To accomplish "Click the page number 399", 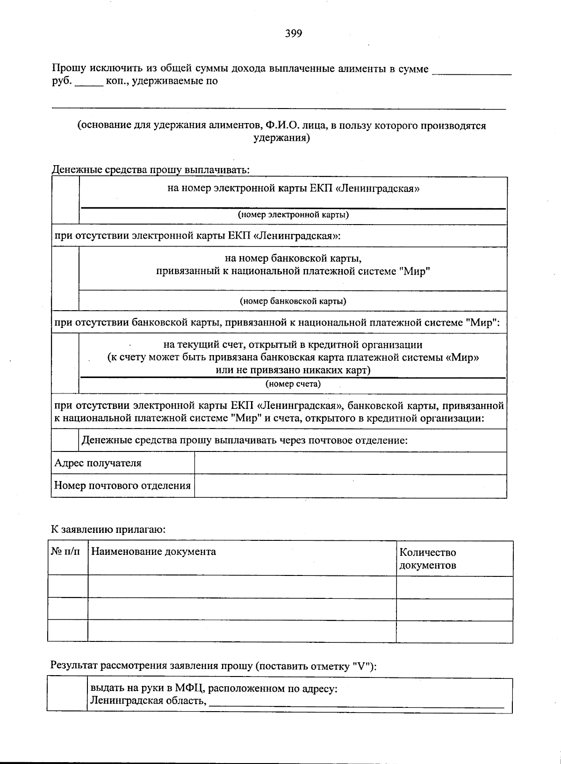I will tap(294, 33).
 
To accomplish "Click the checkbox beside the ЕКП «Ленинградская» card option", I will tap(65, 200).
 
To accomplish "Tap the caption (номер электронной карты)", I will tap(293, 215).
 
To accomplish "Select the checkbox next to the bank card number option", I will tap(65, 278).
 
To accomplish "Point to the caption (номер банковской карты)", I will tap(293, 301).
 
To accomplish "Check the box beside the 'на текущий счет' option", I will tap(65, 363).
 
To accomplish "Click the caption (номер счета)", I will tap(293, 385).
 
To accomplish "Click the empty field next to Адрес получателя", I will tap(350, 463).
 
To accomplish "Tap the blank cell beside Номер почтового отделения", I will tap(350, 486).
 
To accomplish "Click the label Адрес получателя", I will tap(98, 463).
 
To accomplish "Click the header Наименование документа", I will tap(153, 552).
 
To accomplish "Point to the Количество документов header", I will tap(428, 559).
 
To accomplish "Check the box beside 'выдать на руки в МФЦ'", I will tap(67, 695).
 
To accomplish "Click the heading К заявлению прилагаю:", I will tap(108, 530).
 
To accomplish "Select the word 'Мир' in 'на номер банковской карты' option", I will tap(415, 271).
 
